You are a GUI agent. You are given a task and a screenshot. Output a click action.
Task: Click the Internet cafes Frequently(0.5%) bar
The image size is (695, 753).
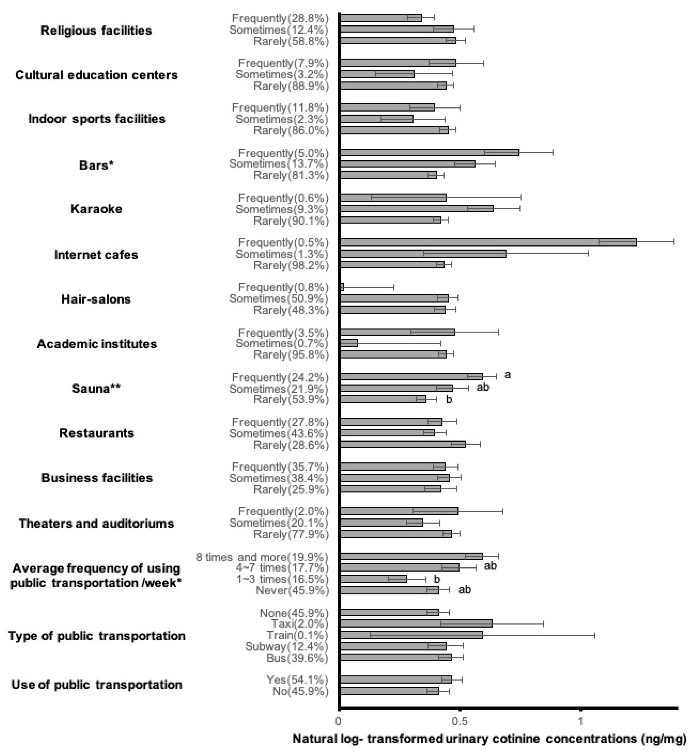click(488, 242)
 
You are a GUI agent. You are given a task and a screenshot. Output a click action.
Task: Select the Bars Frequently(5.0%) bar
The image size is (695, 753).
click(429, 152)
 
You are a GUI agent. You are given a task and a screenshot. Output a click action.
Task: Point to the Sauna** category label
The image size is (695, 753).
click(96, 388)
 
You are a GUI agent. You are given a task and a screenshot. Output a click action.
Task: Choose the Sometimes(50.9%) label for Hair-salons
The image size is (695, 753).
click(279, 299)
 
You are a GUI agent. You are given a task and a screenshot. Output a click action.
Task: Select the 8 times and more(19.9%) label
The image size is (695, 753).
click(262, 557)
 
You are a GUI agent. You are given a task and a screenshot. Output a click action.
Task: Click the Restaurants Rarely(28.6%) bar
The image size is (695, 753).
click(403, 444)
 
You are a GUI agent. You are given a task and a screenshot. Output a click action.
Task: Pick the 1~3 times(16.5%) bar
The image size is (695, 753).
click(373, 579)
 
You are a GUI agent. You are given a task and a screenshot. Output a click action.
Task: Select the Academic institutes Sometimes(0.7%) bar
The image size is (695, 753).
click(349, 343)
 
